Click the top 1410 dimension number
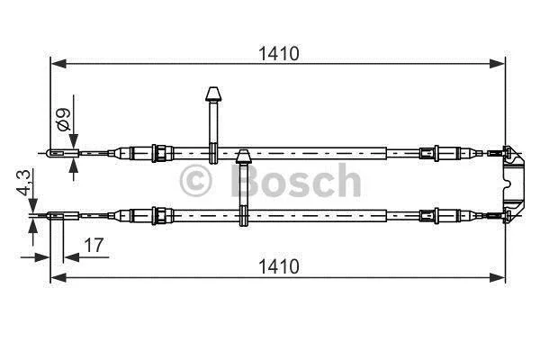pos(279,54)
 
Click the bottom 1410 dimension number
pos(279,266)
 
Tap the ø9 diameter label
pos(64,119)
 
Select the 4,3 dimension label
pos(24,182)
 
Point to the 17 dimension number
pos(94,246)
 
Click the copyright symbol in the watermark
pos(195,181)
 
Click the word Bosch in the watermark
pos(295,180)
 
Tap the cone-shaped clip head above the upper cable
pos(213,94)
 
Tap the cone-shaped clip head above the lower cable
pos(244,157)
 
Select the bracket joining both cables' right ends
pos(514,184)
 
